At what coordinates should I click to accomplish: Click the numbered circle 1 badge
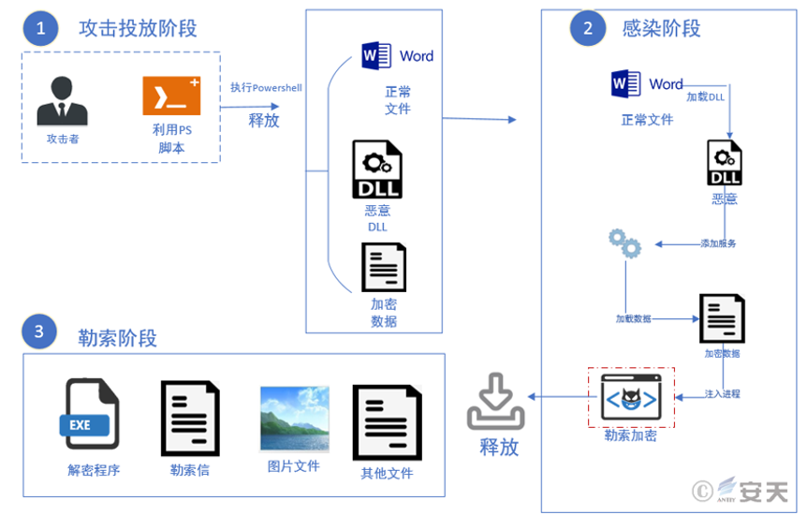point(40,28)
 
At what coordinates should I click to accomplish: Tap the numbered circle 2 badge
point(587,28)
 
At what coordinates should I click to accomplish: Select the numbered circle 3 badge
point(38,331)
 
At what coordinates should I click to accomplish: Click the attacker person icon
point(63,101)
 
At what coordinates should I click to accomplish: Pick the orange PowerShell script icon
point(171,96)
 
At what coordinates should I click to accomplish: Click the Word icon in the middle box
point(377,55)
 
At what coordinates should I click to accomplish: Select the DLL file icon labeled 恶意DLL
point(376,170)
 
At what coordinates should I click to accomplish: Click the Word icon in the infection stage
point(625,84)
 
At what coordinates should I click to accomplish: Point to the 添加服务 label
point(718,243)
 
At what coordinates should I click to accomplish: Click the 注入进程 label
point(722,394)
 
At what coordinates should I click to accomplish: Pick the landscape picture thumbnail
point(294,419)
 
